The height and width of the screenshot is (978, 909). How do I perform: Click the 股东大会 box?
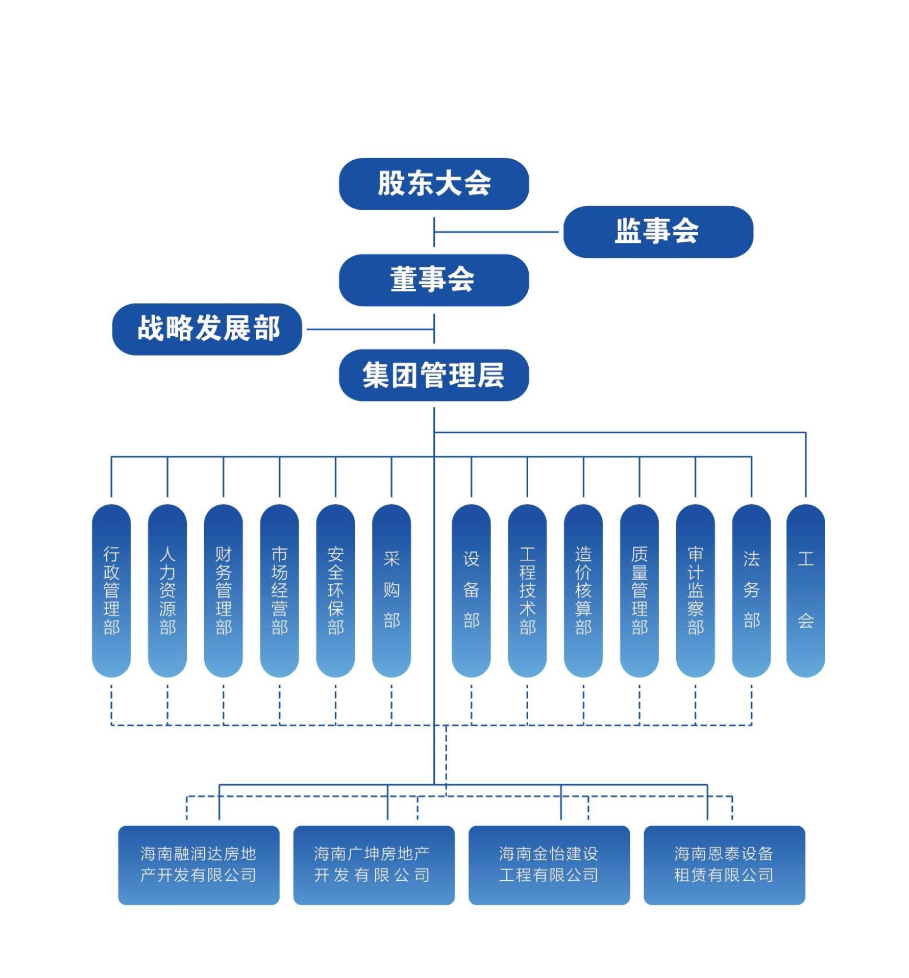(x=434, y=184)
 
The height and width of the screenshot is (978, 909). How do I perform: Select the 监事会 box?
(x=658, y=232)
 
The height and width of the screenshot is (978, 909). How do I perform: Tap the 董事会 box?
(x=434, y=280)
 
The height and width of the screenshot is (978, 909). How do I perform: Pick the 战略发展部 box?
(x=207, y=329)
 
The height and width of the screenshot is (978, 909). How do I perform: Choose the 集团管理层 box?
(x=434, y=375)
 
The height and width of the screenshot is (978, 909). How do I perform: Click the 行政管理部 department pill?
(x=111, y=590)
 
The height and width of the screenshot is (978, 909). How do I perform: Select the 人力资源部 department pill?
(x=168, y=590)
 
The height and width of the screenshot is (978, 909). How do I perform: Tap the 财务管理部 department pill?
(x=223, y=590)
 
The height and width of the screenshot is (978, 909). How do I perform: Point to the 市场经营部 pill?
(x=280, y=590)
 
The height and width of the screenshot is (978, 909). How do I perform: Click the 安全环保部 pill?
(x=335, y=590)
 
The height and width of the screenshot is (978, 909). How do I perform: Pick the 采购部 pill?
(x=391, y=590)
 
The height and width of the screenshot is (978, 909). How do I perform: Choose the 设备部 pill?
(x=471, y=590)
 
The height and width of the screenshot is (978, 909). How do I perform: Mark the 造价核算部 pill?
(x=583, y=590)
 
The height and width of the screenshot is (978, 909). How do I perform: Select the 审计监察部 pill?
(x=695, y=590)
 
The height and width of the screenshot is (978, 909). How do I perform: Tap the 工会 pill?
(x=805, y=590)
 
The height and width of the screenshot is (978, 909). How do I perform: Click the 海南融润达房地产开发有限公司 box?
(x=199, y=864)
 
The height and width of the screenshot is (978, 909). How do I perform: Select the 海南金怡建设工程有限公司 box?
(x=549, y=864)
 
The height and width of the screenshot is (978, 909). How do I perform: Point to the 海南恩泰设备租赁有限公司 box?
(x=724, y=864)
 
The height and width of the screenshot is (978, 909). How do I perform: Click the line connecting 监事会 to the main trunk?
(x=498, y=232)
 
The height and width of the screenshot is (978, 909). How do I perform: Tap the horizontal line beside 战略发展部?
(x=369, y=329)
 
